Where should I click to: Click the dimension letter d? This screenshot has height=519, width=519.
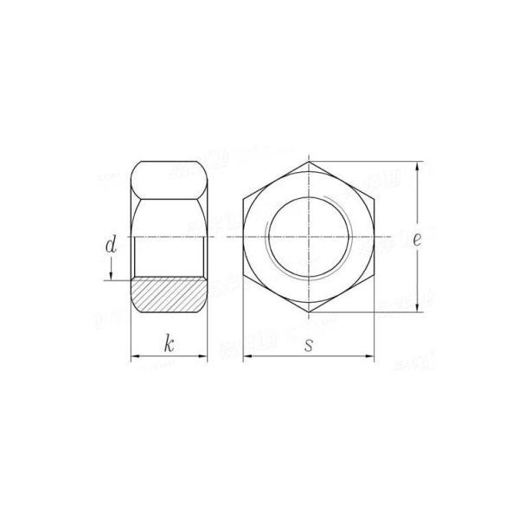click(x=110, y=246)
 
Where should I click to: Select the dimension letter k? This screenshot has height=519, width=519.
click(x=170, y=344)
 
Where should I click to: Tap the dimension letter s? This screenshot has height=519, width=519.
click(x=309, y=344)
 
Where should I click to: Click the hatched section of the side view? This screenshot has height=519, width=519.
click(x=170, y=294)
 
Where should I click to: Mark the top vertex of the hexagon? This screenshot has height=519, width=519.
click(x=309, y=161)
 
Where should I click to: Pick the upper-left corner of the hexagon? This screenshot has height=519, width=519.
click(x=243, y=199)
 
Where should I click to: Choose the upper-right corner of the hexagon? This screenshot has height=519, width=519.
click(x=375, y=199)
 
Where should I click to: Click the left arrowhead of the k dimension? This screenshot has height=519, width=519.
click(x=134, y=356)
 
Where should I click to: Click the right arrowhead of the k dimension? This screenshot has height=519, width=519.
click(x=204, y=356)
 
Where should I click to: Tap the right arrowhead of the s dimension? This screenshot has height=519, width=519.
click(x=371, y=356)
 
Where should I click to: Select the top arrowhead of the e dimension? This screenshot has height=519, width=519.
click(x=419, y=165)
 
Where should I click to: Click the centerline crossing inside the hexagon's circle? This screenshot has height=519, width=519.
click(x=309, y=237)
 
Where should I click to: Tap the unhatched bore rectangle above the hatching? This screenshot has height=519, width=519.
click(x=170, y=256)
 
